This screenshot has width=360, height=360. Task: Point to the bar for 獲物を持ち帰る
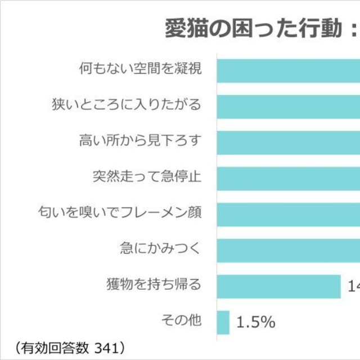point(279,286)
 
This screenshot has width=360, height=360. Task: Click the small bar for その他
point(223,322)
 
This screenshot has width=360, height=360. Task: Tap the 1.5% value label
point(255,322)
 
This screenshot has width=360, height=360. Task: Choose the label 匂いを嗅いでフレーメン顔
point(120,213)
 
